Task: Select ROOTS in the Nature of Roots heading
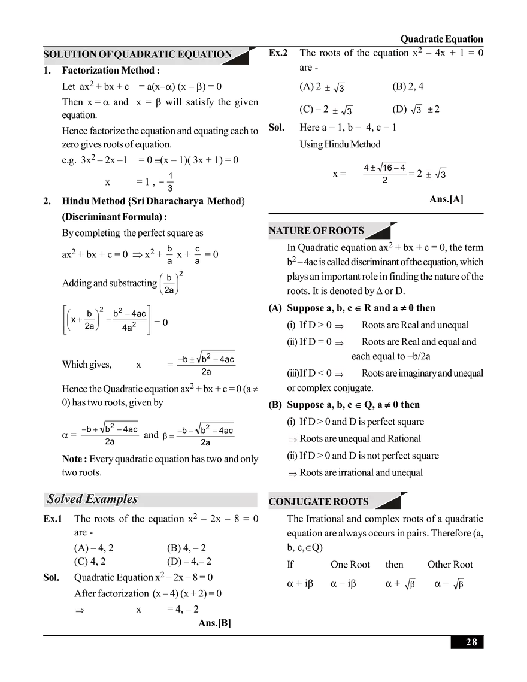pyautogui.click(x=346, y=231)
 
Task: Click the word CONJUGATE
pyautogui.click(x=302, y=502)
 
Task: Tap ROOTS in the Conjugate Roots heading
pyautogui.click(x=355, y=502)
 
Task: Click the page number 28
pyautogui.click(x=471, y=642)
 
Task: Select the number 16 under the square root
pyautogui.click(x=387, y=168)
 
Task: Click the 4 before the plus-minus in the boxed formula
pyautogui.click(x=366, y=168)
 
